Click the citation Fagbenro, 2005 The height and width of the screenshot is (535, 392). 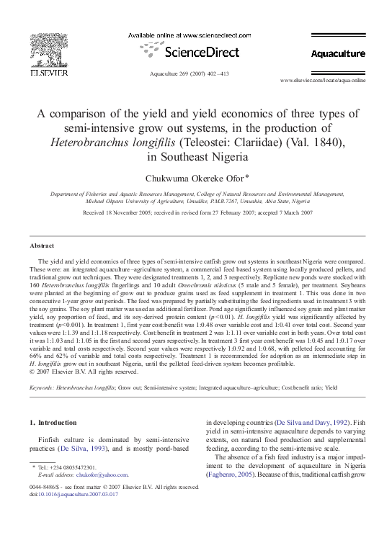tap(236, 477)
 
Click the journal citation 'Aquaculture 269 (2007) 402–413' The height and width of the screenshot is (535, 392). tap(188, 73)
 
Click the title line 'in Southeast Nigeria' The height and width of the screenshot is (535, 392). tap(195, 156)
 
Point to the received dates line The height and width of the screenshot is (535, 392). tap(196, 213)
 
